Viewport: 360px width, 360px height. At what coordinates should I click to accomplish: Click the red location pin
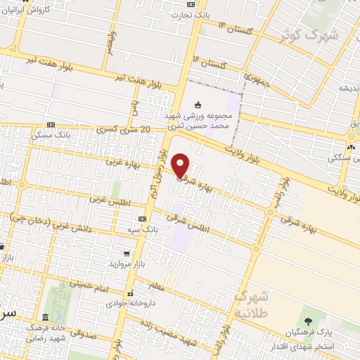[x=181, y=165]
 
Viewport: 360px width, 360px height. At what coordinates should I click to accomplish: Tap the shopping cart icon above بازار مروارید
[x=126, y=253]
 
